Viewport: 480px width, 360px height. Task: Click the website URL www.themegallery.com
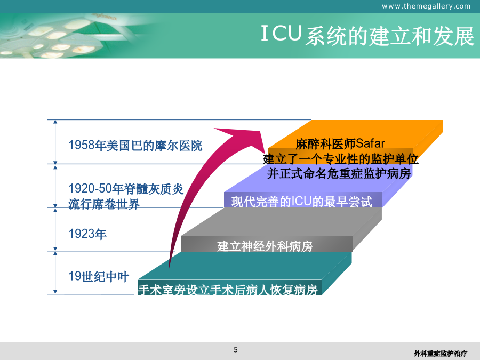pos(426,6)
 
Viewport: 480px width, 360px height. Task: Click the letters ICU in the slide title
pos(281,34)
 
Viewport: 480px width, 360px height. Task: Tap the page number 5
pos(236,349)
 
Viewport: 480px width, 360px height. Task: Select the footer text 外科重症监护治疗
pos(440,354)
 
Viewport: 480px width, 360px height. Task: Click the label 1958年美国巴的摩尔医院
pos(135,146)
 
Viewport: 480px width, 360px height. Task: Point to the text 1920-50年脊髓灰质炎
pos(126,189)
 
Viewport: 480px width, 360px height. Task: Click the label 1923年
pos(87,234)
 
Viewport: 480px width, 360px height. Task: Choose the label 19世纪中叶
pos(99,276)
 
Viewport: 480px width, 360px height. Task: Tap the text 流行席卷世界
pos(104,204)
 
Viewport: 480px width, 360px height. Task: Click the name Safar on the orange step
pos(370,143)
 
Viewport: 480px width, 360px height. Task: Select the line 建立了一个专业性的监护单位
pos(340,159)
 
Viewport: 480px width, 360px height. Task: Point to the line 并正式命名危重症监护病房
pos(339,173)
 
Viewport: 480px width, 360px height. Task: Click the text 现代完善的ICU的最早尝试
pos(301,202)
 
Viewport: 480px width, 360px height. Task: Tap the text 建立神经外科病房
pos(265,246)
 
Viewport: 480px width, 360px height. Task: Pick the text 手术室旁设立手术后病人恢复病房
pos(228,290)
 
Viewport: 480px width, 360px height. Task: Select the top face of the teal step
pos(245,266)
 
